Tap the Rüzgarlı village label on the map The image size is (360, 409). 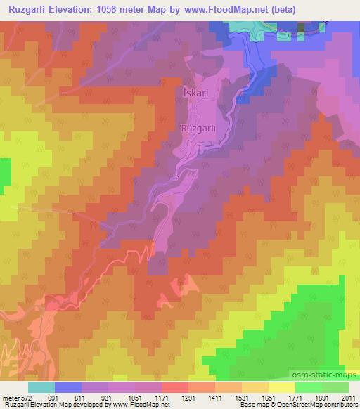(198, 129)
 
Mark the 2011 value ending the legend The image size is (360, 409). (346, 397)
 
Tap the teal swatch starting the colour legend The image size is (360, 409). (41, 387)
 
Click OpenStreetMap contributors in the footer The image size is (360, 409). (317, 405)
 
